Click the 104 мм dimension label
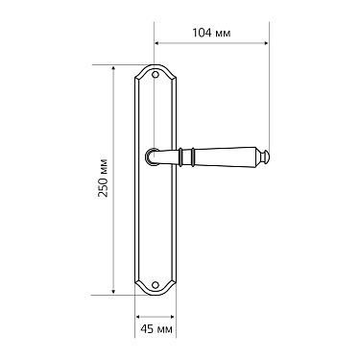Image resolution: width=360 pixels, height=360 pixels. pyautogui.click(x=211, y=33)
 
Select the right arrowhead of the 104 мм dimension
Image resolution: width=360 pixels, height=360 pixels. pyautogui.click(x=265, y=44)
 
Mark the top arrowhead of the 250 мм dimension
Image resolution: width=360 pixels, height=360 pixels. pyautogui.click(x=115, y=68)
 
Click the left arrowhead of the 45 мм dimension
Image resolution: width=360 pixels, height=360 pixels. pyautogui.click(x=137, y=317)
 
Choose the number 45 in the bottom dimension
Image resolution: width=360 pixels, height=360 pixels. pyautogui.click(x=147, y=330)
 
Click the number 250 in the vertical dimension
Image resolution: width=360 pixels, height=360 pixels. pyautogui.click(x=104, y=190)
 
